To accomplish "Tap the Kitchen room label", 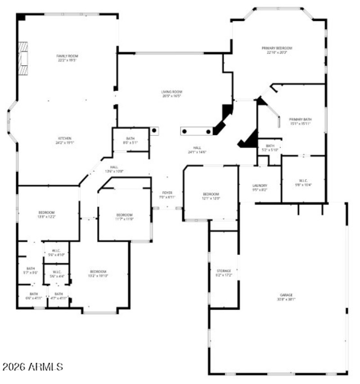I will [x=64, y=140].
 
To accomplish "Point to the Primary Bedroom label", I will [x=277, y=50].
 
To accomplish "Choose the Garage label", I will [x=286, y=297].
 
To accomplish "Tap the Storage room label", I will [x=224, y=273].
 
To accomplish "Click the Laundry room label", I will [x=260, y=187].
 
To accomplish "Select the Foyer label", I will [x=167, y=194].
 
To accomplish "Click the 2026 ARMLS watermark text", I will [x=32, y=367].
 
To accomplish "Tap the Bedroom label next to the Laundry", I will [x=211, y=196].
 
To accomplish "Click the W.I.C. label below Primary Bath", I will [x=303, y=182].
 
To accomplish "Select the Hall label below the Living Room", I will [x=197, y=149].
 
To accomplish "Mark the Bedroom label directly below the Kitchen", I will [x=46, y=214].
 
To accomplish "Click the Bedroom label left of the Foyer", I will [x=124, y=217].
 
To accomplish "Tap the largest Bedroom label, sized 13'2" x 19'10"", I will [x=98, y=274].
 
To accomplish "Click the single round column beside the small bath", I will [x=154, y=131].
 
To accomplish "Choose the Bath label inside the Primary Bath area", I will [x=270, y=148].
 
